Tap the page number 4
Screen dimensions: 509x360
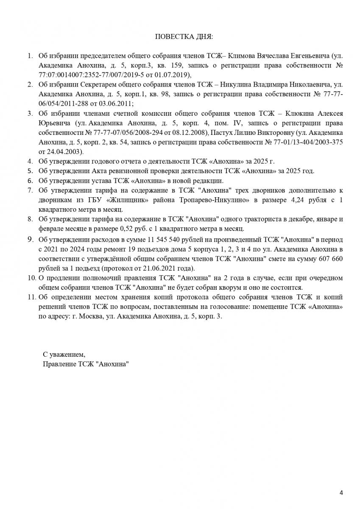tap(341, 492)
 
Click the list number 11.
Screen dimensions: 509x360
tap(31, 297)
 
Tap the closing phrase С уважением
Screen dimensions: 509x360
tap(64, 354)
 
